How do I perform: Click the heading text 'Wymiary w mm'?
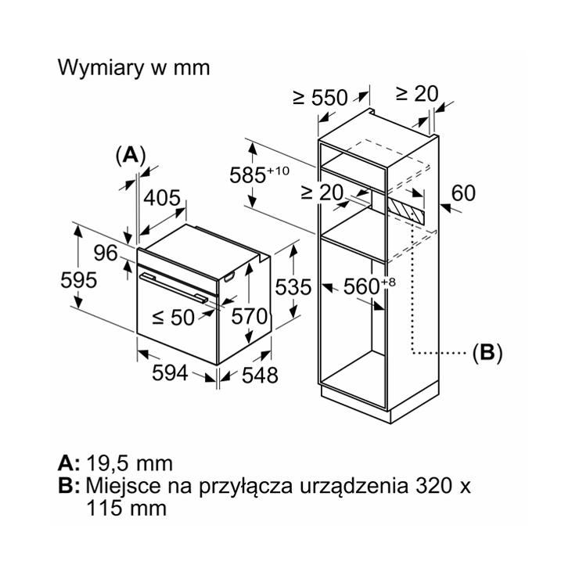[134, 68]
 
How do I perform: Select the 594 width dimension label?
[171, 372]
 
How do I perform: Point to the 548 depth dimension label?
[260, 375]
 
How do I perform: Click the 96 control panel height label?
[106, 253]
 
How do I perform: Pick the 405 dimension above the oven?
[162, 198]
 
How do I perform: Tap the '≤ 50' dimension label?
[173, 317]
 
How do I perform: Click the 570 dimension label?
[250, 316]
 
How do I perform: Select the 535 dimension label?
[293, 287]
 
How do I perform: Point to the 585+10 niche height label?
[259, 174]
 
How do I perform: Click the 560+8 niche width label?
[369, 286]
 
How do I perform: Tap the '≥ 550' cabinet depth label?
[320, 98]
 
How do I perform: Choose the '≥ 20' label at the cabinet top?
[417, 93]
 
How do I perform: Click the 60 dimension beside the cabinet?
[463, 193]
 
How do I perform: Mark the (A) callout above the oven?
[131, 156]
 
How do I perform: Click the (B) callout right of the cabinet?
[487, 353]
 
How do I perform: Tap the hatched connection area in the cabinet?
[405, 211]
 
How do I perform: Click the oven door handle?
[174, 288]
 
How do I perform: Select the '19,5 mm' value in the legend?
[130, 463]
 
